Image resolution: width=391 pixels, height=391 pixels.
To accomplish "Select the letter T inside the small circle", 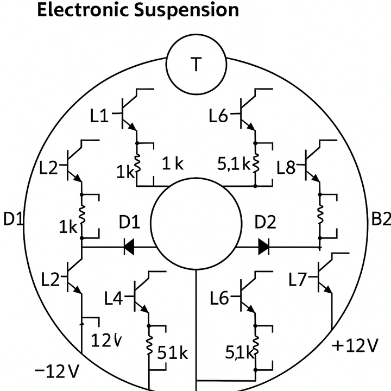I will (x=195, y=65).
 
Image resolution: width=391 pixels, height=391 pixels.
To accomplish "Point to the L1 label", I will (x=100, y=116).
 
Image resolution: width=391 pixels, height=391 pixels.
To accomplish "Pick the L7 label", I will (x=299, y=280).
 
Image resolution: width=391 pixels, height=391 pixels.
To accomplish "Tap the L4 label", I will (x=114, y=297).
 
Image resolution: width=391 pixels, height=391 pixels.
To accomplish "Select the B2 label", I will (x=381, y=219).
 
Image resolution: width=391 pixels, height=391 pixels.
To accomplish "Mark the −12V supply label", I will (x=57, y=372).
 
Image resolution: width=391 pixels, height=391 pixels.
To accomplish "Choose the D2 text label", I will (x=266, y=223).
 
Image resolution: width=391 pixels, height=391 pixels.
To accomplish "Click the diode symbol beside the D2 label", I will (x=263, y=247).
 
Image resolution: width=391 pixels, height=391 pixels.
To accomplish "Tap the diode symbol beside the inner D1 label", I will (x=130, y=247).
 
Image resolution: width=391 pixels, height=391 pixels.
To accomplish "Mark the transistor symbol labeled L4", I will (x=141, y=295).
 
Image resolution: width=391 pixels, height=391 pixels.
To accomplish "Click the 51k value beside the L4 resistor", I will (x=173, y=353).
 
